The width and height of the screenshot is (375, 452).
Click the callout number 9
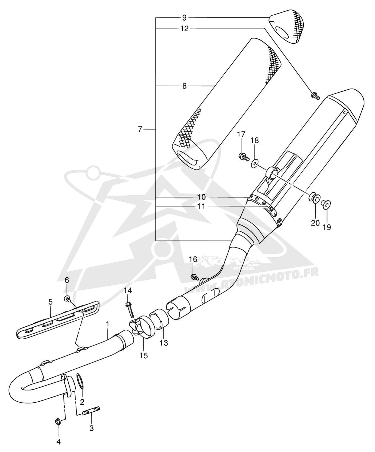184,18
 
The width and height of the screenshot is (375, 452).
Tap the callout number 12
184,29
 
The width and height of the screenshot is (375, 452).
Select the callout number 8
184,86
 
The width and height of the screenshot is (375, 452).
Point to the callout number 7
140,129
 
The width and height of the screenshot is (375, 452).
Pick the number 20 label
315,223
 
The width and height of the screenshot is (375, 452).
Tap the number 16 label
193,259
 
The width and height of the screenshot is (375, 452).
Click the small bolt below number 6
67,299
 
